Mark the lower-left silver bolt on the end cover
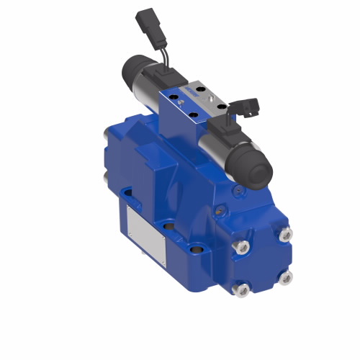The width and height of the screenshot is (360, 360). coord(243,289)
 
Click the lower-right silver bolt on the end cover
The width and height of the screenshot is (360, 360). coord(286,276)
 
